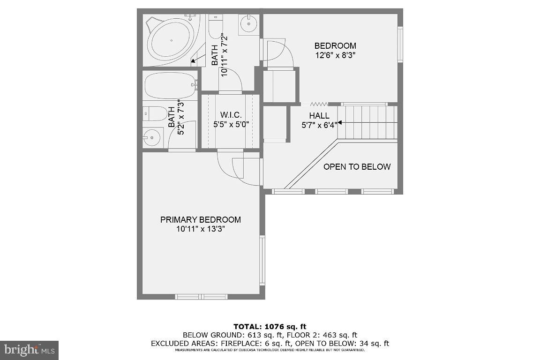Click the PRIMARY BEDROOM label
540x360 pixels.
point(201,219)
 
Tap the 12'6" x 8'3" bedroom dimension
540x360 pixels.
point(335,55)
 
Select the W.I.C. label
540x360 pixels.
point(231,115)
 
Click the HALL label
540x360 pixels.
point(319,116)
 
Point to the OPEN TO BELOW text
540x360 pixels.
point(357,167)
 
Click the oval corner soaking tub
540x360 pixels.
point(170,42)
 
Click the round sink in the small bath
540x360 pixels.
point(151,137)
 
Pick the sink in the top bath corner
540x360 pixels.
point(248,23)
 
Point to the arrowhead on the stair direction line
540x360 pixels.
point(339,123)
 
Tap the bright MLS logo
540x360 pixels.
point(29,350)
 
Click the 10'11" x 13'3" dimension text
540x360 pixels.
point(201,229)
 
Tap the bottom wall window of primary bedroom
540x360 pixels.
point(201,297)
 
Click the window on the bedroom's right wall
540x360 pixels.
point(400,44)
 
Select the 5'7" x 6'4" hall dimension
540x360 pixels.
point(319,125)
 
